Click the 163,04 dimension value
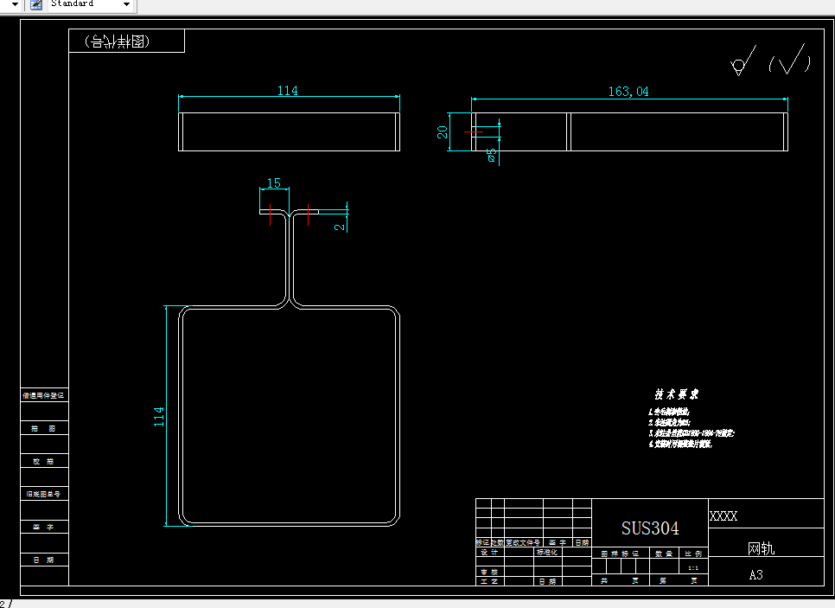click(628, 92)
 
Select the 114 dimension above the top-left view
click(287, 91)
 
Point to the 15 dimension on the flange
click(273, 183)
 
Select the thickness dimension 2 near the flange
click(341, 226)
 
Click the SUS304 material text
click(650, 528)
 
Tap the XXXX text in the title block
click(723, 516)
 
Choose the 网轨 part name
click(761, 548)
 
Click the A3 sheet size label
click(755, 575)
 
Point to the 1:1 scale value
click(692, 568)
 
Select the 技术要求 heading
click(676, 394)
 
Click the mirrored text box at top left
click(126, 41)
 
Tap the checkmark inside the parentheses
click(791, 61)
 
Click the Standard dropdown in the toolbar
click(82, 5)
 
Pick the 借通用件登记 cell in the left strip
click(43, 395)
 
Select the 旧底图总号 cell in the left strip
click(43, 494)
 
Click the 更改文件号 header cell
click(523, 542)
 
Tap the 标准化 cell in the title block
click(548, 552)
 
